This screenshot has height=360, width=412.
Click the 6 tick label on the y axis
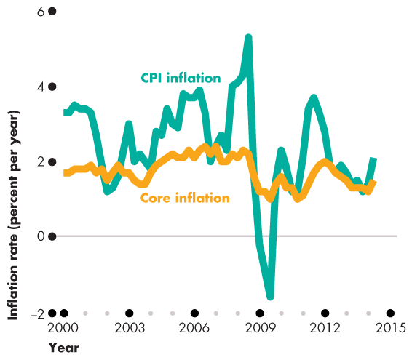pos(41,12)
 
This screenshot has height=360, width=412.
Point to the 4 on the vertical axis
pos(41,87)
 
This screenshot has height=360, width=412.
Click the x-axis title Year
pos(63,348)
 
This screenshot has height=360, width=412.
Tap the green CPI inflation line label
pos(181,78)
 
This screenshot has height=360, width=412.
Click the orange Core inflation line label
pos(185,198)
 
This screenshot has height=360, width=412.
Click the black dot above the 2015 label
pos(390,313)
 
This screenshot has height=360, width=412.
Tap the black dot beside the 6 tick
pos(52,12)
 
